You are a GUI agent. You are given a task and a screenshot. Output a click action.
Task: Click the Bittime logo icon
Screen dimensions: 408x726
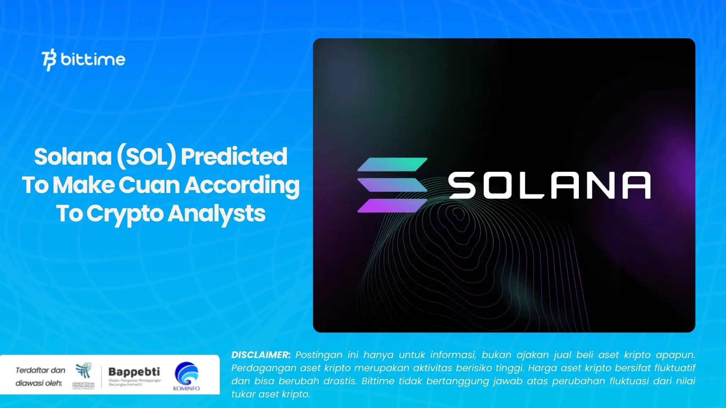49,61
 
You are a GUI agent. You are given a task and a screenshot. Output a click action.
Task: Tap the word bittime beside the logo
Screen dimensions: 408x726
93,59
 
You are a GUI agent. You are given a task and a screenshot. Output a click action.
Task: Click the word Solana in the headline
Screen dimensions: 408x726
73,157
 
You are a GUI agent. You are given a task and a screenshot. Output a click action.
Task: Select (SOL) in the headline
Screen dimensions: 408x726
146,157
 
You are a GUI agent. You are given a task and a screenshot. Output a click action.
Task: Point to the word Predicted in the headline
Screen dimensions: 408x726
234,157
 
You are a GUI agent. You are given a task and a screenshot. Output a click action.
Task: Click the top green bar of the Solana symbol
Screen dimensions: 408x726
392,164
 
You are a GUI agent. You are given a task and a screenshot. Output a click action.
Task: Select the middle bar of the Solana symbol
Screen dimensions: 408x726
392,185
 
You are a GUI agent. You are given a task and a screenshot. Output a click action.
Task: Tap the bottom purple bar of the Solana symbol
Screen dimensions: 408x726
392,205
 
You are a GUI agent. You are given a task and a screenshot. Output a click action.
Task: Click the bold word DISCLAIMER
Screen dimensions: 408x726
261,355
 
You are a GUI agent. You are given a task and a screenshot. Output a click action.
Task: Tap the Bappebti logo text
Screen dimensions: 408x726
134,372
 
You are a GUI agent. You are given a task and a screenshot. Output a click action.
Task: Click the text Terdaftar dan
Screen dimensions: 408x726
40,370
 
